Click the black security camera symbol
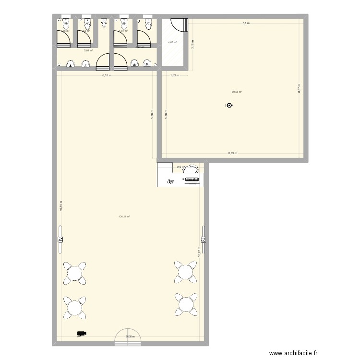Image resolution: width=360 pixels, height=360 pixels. pos(81,333)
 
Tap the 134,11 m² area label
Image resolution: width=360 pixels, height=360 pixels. pos(124,216)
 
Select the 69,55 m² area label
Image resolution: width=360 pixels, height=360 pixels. pos(237,92)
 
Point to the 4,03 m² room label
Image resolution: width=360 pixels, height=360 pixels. pos(172,42)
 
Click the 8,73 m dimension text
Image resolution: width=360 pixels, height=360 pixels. pos(233,153)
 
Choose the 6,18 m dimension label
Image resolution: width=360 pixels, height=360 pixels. pos(107,75)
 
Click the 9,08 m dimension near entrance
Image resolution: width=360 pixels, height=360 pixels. pos(130,336)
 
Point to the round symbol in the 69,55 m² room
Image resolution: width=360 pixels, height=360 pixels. pos(229,106)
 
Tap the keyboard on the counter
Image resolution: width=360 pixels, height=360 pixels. pos(192,180)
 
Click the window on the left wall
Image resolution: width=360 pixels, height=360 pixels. pos(60,239)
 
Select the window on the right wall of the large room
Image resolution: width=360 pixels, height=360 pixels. pos(204,239)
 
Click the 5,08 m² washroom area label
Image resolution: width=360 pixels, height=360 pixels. pos(88,50)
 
